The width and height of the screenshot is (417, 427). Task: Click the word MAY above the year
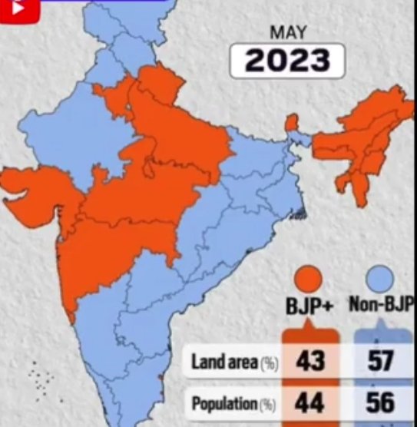tap(287, 33)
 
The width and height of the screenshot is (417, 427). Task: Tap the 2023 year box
tap(287, 61)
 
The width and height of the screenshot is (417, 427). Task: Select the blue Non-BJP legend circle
tap(379, 278)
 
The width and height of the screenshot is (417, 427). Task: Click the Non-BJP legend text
tap(382, 305)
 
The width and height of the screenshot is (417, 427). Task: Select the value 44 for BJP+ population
tap(309, 402)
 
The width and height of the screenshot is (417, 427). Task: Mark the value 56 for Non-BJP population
tap(380, 402)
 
